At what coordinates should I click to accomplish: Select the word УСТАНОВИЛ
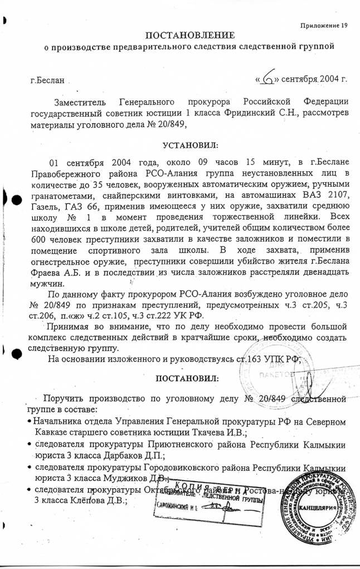(187, 145)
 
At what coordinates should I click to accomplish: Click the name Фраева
(48, 272)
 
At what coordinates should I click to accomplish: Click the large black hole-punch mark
(16, 201)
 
